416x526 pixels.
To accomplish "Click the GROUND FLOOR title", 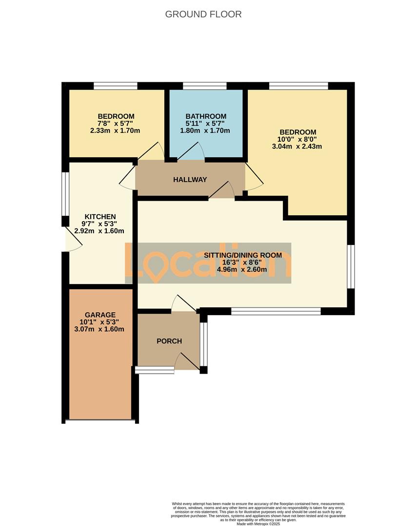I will (x=203, y=14).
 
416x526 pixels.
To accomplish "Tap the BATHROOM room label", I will (x=206, y=116).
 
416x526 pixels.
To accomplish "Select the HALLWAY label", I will (x=190, y=180).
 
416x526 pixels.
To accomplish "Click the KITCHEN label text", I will (x=100, y=217).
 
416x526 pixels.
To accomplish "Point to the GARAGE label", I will (x=100, y=315).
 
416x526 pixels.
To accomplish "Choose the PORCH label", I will (x=169, y=341).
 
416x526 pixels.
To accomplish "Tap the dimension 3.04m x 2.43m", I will (x=297, y=146).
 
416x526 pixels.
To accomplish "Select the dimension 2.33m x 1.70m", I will (x=115, y=131).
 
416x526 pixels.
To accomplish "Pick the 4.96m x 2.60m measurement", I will (x=243, y=269).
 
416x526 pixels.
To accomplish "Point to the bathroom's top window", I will (x=205, y=86).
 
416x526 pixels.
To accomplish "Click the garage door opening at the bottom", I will (x=100, y=420).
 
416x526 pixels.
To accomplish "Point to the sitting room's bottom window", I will (x=276, y=311).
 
